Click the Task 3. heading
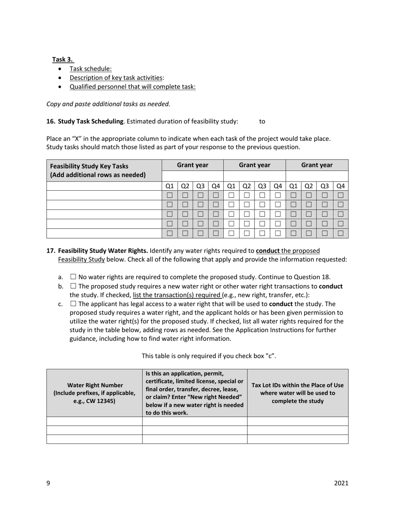point(63,59)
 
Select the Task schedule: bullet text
point(90,69)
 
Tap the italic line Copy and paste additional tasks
point(108,104)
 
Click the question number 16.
point(51,121)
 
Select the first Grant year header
point(193,165)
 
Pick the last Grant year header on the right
point(317,165)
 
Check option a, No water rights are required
point(73,277)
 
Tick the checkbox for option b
point(73,286)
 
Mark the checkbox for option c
point(73,304)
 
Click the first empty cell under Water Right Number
point(95,421)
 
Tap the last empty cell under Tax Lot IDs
point(298,439)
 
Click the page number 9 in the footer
point(48,483)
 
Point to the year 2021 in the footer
point(341,483)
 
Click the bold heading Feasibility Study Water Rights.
point(103,251)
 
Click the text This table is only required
point(209,356)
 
